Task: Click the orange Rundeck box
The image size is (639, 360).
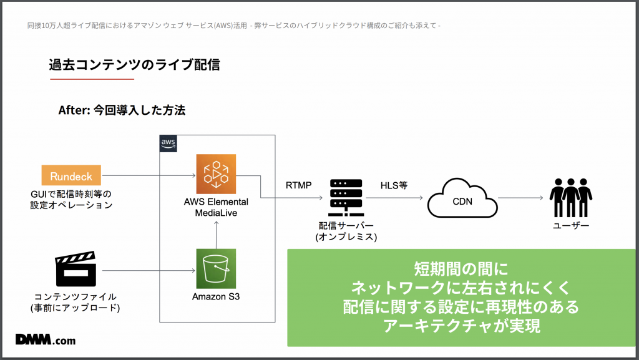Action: click(71, 176)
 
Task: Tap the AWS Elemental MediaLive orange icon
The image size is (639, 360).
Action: click(215, 174)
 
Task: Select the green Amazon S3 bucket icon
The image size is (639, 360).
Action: click(215, 268)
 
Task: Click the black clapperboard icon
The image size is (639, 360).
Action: click(76, 270)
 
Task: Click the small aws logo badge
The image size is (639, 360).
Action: click(168, 143)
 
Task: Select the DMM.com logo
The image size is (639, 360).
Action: click(46, 340)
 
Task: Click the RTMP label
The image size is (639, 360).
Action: click(298, 185)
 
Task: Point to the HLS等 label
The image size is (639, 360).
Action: click(393, 185)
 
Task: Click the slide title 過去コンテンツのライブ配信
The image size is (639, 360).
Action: click(134, 64)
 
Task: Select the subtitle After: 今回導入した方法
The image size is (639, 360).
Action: click(122, 110)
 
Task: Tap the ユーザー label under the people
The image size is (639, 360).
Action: click(570, 225)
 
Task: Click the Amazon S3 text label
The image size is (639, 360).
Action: click(215, 296)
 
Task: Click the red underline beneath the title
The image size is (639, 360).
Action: click(92, 79)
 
